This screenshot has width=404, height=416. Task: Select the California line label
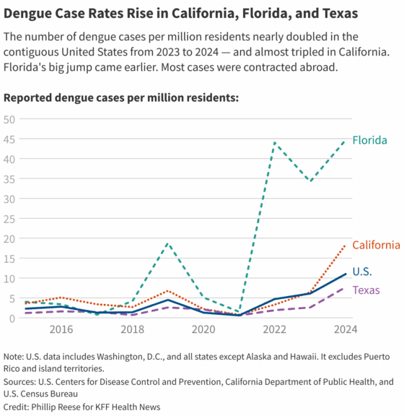click(375, 246)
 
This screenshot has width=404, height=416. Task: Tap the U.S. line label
click(362, 272)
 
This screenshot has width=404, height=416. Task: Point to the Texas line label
click(366, 290)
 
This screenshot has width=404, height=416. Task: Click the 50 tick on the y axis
click(9, 119)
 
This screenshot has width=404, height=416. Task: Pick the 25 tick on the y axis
click(9, 219)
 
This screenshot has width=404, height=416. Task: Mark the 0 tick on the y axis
click(12, 318)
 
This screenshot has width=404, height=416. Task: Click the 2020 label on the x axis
click(203, 330)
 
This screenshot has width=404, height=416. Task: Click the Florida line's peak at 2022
click(274, 143)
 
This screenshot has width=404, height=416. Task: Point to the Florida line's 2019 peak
click(167, 243)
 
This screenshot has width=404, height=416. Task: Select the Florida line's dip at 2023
click(309, 181)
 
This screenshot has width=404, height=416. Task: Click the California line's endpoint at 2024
click(345, 246)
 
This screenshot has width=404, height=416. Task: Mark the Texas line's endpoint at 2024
click(345, 288)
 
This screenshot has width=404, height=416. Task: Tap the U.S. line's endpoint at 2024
click(345, 274)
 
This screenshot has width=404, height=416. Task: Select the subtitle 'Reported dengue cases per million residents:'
click(121, 97)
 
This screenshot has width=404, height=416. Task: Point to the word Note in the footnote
click(14, 357)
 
